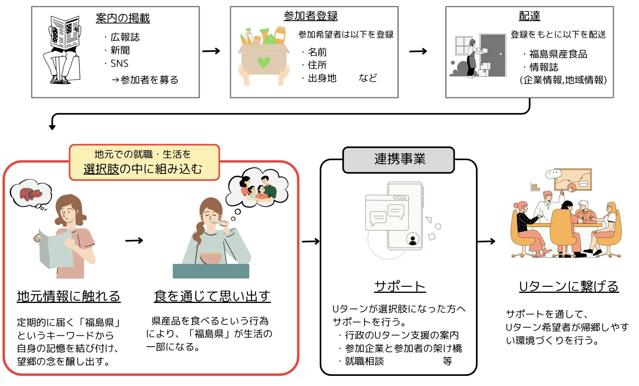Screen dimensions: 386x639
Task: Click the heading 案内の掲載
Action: pyautogui.click(x=123, y=18)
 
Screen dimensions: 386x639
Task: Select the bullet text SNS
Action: pyautogui.click(x=119, y=63)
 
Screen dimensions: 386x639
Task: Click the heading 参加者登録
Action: pyautogui.click(x=310, y=16)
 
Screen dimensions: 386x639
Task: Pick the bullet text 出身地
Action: pyautogui.click(x=322, y=78)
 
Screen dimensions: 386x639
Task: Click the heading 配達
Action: pyautogui.click(x=529, y=16)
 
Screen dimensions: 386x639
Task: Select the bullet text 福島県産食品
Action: pyautogui.click(x=558, y=54)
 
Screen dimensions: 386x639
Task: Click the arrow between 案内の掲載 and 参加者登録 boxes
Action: pyautogui.click(x=211, y=51)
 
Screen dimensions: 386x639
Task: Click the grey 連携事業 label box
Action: pyautogui.click(x=399, y=159)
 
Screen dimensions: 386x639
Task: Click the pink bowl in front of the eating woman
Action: pyautogui.click(x=211, y=258)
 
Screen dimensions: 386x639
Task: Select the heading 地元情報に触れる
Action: pyautogui.click(x=69, y=296)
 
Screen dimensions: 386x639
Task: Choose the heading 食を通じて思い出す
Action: pyautogui.click(x=212, y=296)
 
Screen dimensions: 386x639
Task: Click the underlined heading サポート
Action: pyautogui.click(x=399, y=286)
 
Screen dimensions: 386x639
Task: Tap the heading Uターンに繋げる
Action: pyautogui.click(x=568, y=286)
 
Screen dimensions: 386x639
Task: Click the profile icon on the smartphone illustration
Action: pyautogui.click(x=413, y=239)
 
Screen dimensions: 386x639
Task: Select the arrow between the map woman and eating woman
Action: pyautogui.click(x=134, y=240)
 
